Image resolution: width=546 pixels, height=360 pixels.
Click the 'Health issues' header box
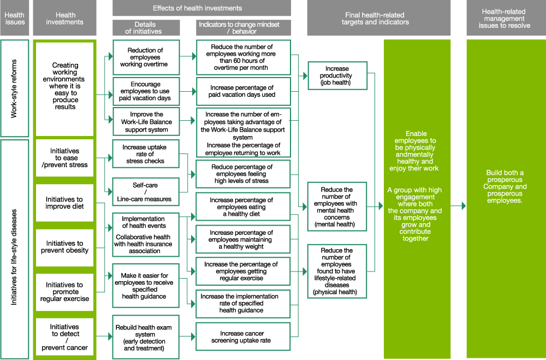(15, 18)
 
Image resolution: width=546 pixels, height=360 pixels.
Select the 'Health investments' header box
(65, 18)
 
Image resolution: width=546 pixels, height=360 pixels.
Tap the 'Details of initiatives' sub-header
(145, 28)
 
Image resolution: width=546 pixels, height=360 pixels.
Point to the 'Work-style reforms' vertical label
(15, 88)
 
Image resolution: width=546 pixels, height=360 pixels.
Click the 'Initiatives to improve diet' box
(65, 203)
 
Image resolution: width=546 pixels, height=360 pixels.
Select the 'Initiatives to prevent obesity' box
(65, 247)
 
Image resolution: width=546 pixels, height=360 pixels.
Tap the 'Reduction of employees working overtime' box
(145, 57)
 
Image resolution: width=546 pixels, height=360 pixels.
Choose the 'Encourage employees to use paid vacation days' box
(145, 91)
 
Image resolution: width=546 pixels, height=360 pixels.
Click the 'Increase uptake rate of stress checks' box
(145, 155)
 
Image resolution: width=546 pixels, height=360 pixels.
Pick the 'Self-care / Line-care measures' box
(145, 192)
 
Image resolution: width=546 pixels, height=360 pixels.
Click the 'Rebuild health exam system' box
(145, 338)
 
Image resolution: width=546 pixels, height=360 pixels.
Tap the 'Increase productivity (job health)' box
(337, 76)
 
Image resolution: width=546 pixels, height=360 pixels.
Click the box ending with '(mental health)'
(337, 206)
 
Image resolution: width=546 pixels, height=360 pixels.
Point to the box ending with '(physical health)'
(337, 272)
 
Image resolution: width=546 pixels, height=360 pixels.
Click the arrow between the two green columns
(459, 206)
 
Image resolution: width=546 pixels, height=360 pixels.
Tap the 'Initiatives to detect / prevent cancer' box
(65, 337)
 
